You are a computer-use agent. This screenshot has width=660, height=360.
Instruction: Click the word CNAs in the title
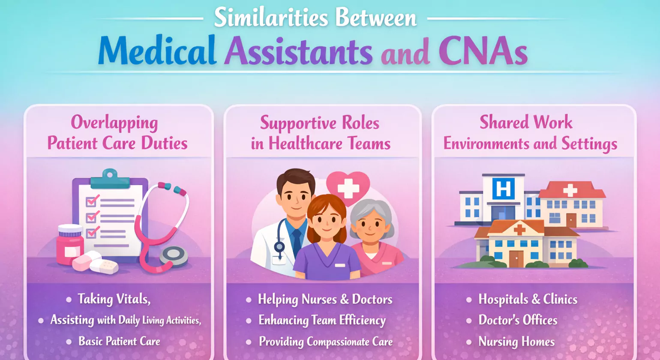[483, 51]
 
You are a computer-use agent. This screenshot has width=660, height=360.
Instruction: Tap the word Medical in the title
[157, 50]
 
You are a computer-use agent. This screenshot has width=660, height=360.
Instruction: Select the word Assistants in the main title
[298, 51]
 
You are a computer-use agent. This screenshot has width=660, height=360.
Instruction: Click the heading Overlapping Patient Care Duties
[117, 132]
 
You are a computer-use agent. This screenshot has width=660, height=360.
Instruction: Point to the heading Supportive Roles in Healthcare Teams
[321, 133]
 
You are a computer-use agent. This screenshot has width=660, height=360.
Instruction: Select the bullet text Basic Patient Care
[119, 341]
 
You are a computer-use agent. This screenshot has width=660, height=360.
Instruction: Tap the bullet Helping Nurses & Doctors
[325, 299]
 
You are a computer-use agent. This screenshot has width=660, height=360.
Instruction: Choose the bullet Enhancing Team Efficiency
[322, 320]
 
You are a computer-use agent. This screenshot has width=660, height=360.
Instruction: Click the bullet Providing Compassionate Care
[326, 342]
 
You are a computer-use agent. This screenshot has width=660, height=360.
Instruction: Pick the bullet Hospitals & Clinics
[528, 299]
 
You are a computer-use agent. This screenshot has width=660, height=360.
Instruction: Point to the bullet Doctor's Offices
[518, 320]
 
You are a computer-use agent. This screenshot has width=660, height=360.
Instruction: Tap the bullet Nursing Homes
[516, 342]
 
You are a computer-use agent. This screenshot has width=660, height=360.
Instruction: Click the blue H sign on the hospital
[504, 189]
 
